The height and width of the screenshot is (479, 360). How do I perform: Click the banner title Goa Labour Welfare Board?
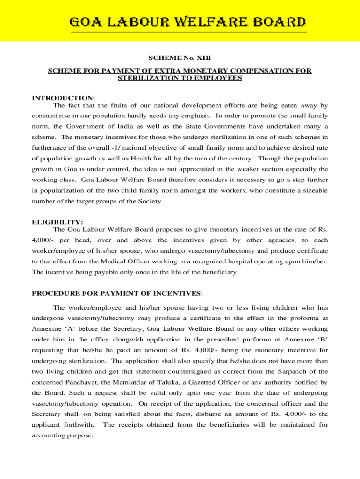click(188, 22)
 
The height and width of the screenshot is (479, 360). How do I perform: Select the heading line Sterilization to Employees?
click(180, 78)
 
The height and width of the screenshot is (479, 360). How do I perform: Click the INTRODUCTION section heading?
click(63, 98)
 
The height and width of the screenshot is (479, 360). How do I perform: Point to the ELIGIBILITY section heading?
click(58, 222)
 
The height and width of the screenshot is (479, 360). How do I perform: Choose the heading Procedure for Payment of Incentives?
click(117, 293)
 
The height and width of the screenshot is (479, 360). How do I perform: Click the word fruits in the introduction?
click(123, 105)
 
